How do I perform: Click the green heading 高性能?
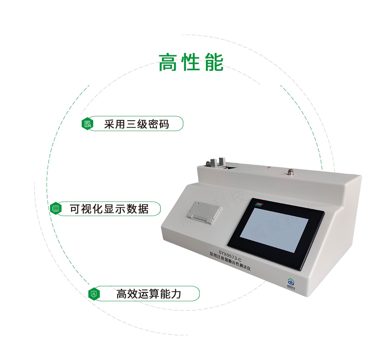click(191, 62)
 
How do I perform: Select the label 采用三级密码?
click(137, 124)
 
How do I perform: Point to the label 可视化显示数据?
click(109, 208)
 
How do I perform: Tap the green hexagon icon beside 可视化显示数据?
click(55, 208)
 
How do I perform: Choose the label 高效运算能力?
click(149, 293)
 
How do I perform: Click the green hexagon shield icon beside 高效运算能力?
click(94, 294)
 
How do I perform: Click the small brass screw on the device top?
click(270, 166)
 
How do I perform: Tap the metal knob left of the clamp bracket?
click(208, 164)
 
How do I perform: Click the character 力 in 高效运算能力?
click(176, 293)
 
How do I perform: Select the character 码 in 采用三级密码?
click(164, 124)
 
